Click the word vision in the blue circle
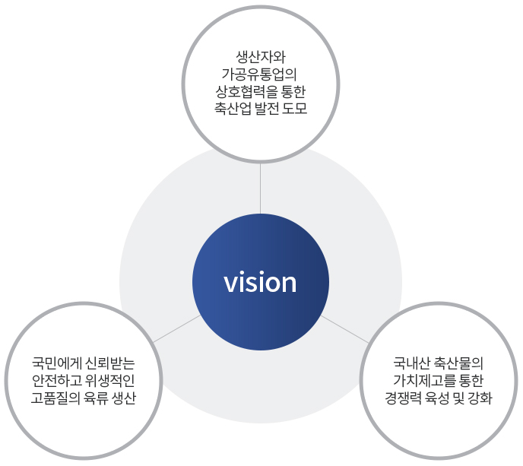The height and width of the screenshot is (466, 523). (x=260, y=282)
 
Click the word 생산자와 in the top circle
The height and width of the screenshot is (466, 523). (x=261, y=57)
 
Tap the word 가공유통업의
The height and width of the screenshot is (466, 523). (x=259, y=74)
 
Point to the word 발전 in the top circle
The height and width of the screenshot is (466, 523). (x=267, y=109)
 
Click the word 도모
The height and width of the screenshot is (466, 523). (x=294, y=109)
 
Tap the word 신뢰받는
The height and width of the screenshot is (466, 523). (x=109, y=363)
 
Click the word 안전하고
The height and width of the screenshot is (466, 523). (x=56, y=381)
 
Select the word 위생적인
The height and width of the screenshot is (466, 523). (x=109, y=381)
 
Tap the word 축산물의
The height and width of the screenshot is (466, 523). (x=458, y=363)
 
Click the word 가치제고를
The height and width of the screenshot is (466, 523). (x=424, y=381)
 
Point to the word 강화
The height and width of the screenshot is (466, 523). (x=480, y=398)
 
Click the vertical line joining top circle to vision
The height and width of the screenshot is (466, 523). (x=260, y=189)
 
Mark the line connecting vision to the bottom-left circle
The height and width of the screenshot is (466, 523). (x=177, y=329)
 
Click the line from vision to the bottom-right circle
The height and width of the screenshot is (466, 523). (x=345, y=329)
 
